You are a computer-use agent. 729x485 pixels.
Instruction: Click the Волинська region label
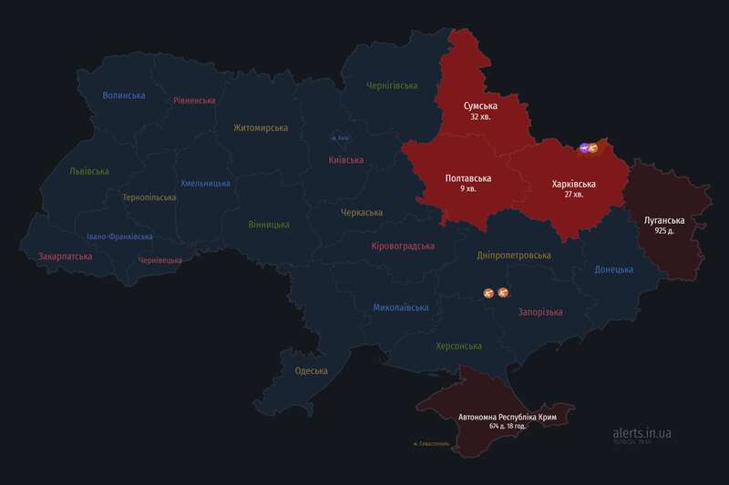click(124, 96)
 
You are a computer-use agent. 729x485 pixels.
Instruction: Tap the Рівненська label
click(194, 101)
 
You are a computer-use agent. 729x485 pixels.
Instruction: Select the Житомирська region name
click(261, 128)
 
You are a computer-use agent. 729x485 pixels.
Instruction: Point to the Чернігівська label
click(391, 86)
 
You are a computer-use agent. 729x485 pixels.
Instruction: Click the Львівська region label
click(89, 171)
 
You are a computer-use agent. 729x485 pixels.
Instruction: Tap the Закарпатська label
click(65, 258)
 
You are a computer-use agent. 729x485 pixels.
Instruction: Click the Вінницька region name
click(269, 224)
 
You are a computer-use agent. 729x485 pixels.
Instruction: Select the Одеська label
click(311, 370)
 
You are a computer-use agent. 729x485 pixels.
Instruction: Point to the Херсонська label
click(458, 347)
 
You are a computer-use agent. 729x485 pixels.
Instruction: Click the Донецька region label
click(613, 270)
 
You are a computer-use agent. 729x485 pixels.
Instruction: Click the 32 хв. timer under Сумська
click(479, 118)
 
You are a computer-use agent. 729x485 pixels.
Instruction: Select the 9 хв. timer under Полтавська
click(468, 189)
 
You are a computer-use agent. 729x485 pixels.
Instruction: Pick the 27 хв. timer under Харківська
click(574, 195)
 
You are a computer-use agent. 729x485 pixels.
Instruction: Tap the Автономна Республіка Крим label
click(508, 416)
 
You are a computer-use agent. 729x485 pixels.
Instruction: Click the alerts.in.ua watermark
click(642, 434)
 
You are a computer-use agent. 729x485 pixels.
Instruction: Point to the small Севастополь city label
click(431, 444)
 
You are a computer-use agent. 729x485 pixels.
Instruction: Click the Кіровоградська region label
click(403, 247)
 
